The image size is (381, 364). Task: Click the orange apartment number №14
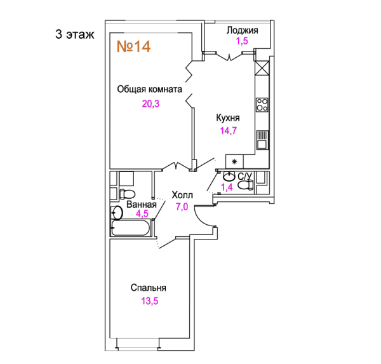pyautogui.click(x=133, y=46)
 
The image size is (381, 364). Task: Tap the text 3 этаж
pyautogui.click(x=74, y=34)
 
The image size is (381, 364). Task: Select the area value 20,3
pyautogui.click(x=150, y=104)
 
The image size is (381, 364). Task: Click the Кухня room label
pyautogui.click(x=228, y=118)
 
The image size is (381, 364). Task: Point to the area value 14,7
pyautogui.click(x=229, y=131)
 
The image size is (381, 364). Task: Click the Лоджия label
pyautogui.click(x=243, y=30)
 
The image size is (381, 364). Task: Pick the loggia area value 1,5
pyautogui.click(x=243, y=41)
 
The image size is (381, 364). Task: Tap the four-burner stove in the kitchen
pyautogui.click(x=262, y=105)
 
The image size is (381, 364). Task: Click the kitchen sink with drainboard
pyautogui.click(x=262, y=140)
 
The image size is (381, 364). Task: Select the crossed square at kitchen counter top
pyautogui.click(x=262, y=69)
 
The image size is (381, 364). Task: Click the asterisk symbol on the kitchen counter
pyautogui.click(x=234, y=161)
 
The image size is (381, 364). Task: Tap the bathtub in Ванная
pyautogui.click(x=131, y=228)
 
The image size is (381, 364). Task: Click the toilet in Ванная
pyautogui.click(x=128, y=194)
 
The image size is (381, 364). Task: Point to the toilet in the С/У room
pyautogui.click(x=245, y=185)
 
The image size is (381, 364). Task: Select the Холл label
pyautogui.click(x=182, y=195)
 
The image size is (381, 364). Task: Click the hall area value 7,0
pyautogui.click(x=182, y=206)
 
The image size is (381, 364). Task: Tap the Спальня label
pyautogui.click(x=149, y=288)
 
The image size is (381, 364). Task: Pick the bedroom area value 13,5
pyautogui.click(x=150, y=301)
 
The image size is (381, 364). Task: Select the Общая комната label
pyautogui.click(x=149, y=90)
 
